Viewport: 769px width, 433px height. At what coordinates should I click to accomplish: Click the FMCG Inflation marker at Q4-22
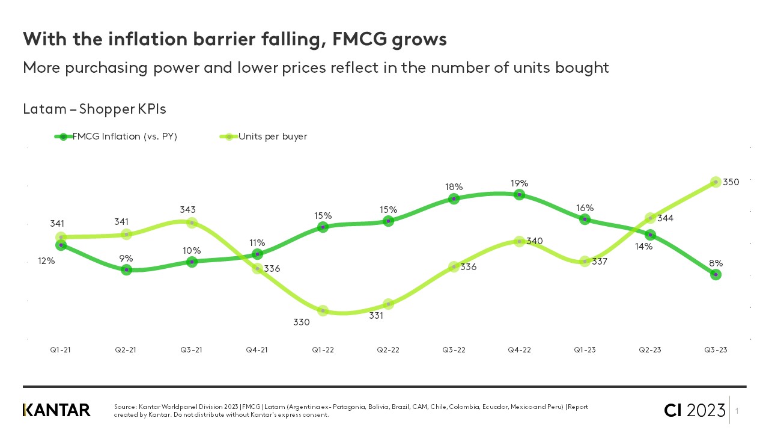519,195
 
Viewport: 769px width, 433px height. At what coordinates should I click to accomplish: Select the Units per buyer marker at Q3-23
716,182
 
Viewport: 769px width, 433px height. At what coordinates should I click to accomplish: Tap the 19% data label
519,183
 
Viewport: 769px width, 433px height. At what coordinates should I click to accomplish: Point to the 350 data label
731,182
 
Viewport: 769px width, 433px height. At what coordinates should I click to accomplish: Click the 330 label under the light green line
301,322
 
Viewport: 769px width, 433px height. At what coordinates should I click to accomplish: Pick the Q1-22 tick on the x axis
323,351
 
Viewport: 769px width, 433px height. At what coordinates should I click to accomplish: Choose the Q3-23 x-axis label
715,351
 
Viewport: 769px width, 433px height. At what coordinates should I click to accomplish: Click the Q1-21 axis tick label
60,351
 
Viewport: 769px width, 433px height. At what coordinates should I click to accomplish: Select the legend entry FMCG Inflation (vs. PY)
124,137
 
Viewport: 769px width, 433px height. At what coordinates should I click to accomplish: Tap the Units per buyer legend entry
272,137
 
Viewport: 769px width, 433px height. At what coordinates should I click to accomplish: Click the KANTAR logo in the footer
56,410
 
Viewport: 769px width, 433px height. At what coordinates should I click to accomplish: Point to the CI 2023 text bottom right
695,411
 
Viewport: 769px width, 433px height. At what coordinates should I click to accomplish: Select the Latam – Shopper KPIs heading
94,109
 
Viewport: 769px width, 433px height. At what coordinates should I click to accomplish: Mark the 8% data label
716,263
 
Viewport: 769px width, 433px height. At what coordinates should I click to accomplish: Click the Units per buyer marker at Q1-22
323,310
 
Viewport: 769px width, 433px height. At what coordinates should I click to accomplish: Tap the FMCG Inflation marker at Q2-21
126,269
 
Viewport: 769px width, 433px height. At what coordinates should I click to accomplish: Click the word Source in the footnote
126,407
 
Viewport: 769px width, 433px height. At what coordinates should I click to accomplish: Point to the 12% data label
46,261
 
